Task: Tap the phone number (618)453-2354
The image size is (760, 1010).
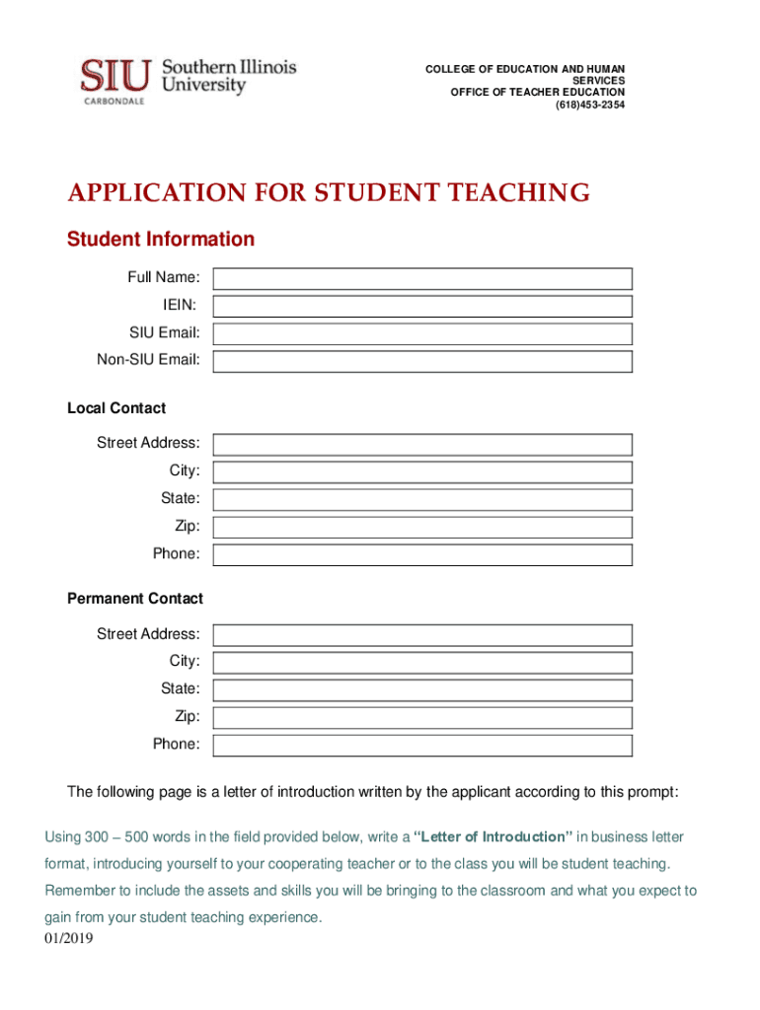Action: click(x=590, y=105)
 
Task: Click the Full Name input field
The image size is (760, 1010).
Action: click(x=422, y=279)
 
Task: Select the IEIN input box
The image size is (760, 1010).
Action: click(x=422, y=307)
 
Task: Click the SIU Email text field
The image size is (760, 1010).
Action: click(x=422, y=333)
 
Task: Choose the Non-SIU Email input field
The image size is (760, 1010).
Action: click(x=422, y=361)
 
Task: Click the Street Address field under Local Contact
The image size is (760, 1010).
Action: click(x=422, y=445)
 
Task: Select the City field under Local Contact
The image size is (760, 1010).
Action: click(x=422, y=471)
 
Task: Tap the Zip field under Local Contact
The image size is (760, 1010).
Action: click(x=422, y=527)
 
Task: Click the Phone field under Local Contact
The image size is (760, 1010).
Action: click(x=422, y=554)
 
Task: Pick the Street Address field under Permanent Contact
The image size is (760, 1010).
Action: click(x=422, y=634)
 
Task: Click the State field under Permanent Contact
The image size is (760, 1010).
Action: click(x=422, y=689)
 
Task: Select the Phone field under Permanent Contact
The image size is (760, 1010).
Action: click(x=422, y=745)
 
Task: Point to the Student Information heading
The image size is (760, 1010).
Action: click(x=160, y=240)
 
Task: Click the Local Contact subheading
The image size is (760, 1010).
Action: click(x=116, y=408)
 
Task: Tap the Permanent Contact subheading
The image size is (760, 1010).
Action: click(x=135, y=599)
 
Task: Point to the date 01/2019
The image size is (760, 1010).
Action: click(x=69, y=939)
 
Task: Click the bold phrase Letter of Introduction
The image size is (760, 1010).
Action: click(x=494, y=837)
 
